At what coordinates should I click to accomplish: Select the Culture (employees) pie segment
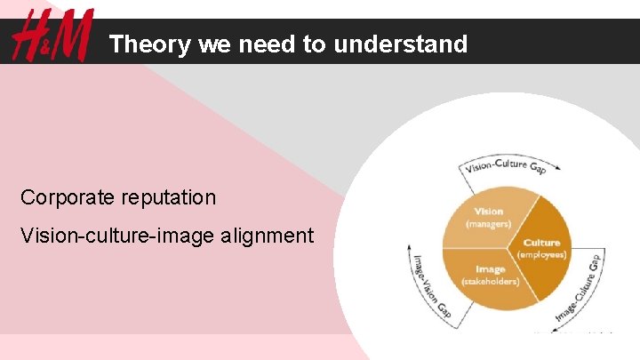(542, 249)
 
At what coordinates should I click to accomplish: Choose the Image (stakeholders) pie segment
(490, 276)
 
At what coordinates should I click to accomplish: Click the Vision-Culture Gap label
(502, 165)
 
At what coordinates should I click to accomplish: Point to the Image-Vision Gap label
(433, 284)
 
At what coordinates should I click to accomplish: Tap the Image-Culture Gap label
(579, 286)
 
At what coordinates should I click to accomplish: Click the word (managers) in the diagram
(489, 224)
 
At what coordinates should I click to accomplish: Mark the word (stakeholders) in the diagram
(490, 282)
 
